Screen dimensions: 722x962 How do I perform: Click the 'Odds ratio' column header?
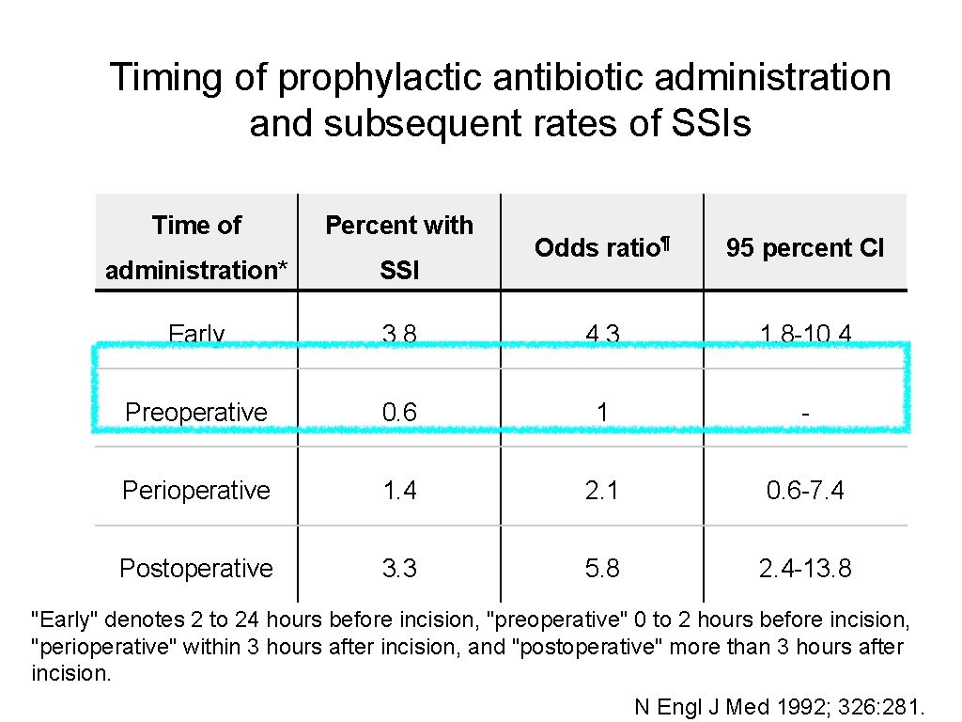(601, 248)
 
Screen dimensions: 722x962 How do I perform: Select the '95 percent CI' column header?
(804, 248)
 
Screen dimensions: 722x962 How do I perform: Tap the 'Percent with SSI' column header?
(399, 247)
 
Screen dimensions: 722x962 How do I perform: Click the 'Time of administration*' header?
(196, 247)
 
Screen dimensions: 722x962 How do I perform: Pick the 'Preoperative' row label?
(196, 413)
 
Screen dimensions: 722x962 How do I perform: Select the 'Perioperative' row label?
(196, 491)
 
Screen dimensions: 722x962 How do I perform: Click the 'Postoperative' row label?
(196, 569)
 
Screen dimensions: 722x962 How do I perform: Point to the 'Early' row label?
(196, 334)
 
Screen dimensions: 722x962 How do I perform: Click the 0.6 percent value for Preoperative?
(399, 413)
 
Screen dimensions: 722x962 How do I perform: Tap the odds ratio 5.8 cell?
(601, 569)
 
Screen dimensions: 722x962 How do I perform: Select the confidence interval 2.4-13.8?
(804, 569)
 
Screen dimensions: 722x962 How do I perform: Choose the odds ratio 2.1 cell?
(601, 491)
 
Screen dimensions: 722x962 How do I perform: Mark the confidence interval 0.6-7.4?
(804, 491)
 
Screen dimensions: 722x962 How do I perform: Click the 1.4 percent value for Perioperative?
(399, 491)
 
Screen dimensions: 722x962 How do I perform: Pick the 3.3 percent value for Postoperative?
(399, 569)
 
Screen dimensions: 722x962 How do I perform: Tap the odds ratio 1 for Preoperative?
(602, 413)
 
